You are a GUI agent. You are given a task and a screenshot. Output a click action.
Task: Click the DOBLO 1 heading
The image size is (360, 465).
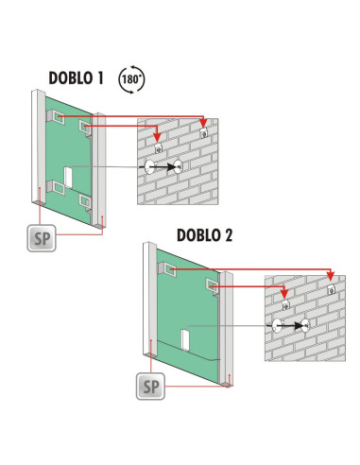[76, 78]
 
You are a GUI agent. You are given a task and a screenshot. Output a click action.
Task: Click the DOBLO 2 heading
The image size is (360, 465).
[205, 235]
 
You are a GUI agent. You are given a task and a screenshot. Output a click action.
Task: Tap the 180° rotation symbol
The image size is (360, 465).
[131, 79]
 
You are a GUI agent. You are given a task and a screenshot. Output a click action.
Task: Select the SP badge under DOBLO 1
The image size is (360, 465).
[42, 238]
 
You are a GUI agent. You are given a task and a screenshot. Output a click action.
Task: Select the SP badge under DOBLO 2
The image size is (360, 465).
[150, 387]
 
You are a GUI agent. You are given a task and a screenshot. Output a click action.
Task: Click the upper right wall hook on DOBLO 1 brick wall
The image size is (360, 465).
[204, 132]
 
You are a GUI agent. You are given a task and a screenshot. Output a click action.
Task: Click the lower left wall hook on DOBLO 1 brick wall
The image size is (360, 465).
[159, 148]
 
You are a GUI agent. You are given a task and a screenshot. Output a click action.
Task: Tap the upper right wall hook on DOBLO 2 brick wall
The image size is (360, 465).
[331, 289]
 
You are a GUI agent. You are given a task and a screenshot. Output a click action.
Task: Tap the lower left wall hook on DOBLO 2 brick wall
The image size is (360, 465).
[285, 304]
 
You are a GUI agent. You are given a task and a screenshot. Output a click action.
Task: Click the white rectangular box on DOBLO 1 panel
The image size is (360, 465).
[68, 178]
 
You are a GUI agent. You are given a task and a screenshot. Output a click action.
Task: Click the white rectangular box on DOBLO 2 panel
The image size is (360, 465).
[185, 340]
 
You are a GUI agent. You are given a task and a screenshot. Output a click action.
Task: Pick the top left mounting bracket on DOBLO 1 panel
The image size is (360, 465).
[56, 117]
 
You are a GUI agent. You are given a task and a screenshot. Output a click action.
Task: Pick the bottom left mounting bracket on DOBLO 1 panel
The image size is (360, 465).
[56, 187]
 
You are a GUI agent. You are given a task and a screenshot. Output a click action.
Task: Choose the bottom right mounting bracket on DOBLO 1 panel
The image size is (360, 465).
[85, 201]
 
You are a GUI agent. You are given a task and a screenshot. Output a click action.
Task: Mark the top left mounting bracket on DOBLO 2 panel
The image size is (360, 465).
[166, 269]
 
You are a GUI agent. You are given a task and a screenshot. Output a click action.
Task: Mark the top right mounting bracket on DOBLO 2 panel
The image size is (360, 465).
[213, 286]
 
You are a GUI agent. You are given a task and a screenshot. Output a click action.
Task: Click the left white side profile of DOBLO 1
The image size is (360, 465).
[39, 147]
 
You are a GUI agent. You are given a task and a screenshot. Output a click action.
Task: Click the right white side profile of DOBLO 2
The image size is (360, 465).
[226, 329]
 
